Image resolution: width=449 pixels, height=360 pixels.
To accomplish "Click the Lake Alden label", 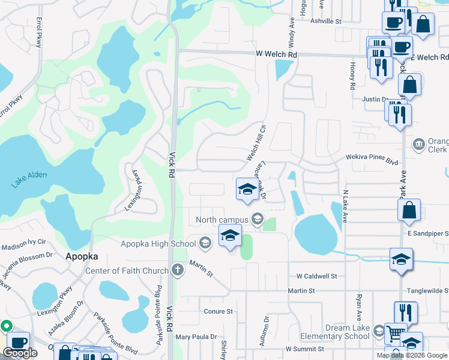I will (28, 179).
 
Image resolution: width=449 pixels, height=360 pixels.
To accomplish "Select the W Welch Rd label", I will (276, 55).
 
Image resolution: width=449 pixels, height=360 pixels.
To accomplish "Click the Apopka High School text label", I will (158, 243).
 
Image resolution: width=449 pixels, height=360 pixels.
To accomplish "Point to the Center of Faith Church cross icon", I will (177, 271).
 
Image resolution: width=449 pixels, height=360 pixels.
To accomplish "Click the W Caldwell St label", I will (316, 277).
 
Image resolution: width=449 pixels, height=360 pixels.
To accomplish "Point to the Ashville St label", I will (325, 21).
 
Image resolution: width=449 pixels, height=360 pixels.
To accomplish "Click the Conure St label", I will (218, 311).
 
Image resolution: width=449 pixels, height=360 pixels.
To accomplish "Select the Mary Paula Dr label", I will (196, 337).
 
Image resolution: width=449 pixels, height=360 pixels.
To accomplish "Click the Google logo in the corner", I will (20, 353).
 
